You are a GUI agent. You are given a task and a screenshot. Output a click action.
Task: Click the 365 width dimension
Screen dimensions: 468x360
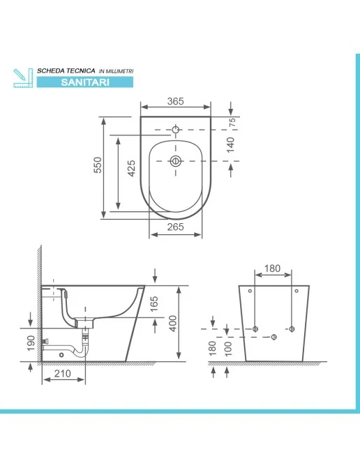tap(175, 101)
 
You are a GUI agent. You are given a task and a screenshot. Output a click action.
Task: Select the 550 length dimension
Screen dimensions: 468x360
tap(98, 164)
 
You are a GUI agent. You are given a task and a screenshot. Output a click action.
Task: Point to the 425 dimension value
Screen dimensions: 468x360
tap(131, 169)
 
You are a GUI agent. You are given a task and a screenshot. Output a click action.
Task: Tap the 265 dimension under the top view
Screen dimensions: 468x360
tap(175, 226)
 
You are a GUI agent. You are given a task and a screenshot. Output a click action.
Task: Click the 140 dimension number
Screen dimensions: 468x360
tap(231, 144)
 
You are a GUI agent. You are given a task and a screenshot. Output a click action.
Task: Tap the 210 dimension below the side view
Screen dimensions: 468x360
tap(63, 375)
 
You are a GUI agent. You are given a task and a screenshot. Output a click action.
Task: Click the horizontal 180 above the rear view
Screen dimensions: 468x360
tap(273, 269)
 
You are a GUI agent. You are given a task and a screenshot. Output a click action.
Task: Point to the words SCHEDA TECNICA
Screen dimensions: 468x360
tap(66, 71)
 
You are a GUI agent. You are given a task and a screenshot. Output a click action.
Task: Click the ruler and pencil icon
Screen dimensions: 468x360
tap(23, 77)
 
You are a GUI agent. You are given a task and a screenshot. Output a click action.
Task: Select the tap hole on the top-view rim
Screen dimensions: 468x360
tap(176, 129)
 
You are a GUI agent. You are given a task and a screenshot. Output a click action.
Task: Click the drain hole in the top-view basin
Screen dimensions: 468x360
tap(176, 161)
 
